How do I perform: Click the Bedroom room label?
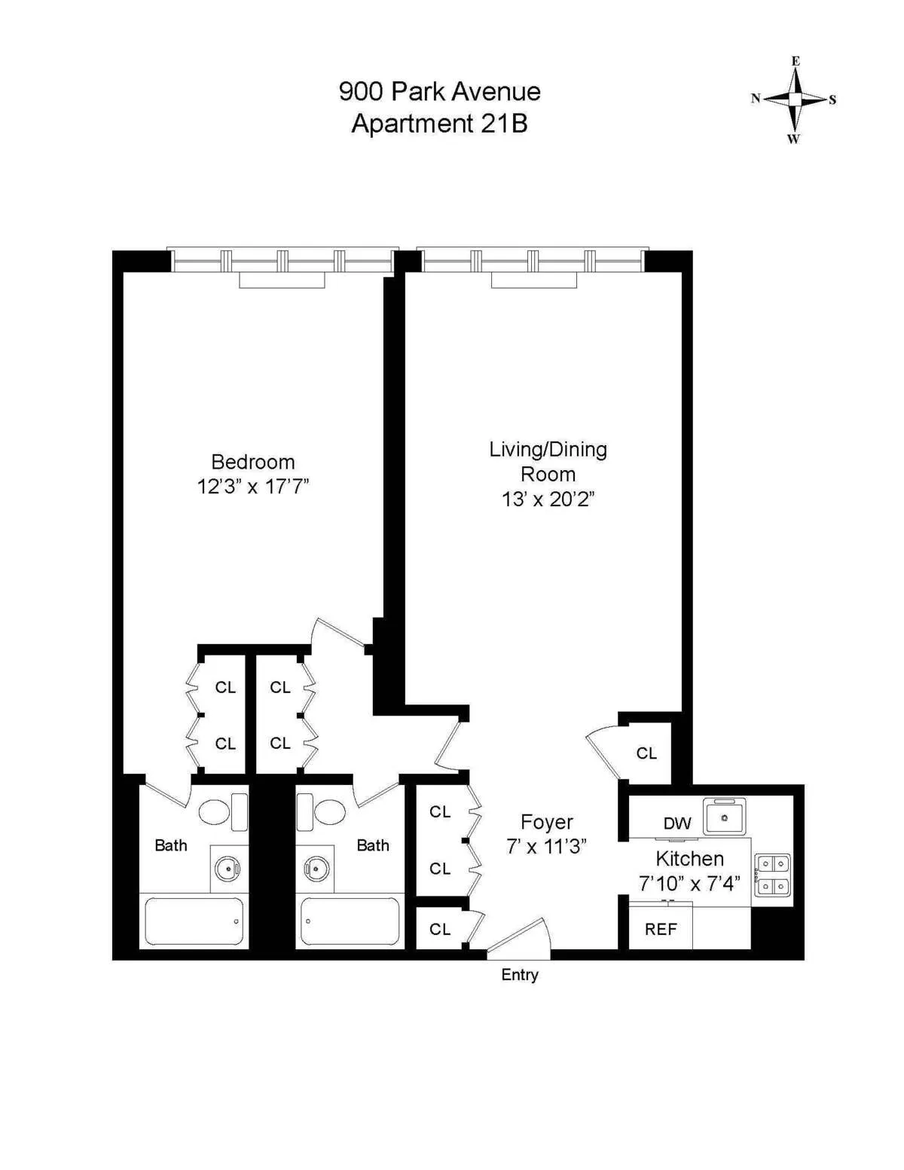(252, 462)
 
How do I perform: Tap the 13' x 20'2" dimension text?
(548, 499)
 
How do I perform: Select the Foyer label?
(547, 822)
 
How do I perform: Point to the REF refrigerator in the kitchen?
(661, 930)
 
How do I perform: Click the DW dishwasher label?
(677, 823)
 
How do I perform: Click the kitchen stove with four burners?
(773, 875)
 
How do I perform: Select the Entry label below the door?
(520, 975)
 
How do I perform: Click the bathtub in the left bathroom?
(194, 921)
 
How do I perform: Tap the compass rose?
(795, 99)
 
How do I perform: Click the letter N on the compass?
(756, 99)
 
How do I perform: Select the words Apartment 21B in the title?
(439, 124)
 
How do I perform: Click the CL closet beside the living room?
(646, 753)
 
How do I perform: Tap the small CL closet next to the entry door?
(440, 930)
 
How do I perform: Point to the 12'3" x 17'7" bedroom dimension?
(253, 487)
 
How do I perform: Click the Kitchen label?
(689, 859)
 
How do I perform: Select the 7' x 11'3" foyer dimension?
(546, 847)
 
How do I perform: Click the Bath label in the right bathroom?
(373, 845)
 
